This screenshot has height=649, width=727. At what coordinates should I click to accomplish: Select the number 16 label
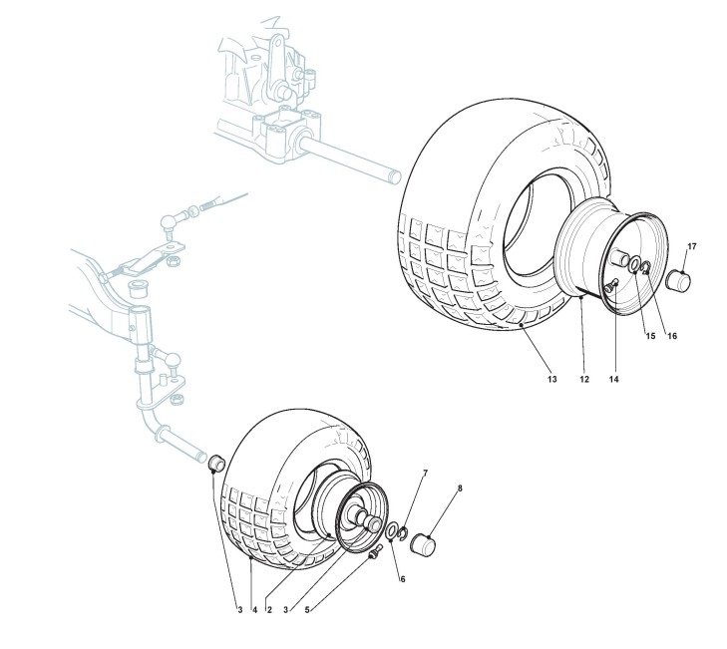click(672, 336)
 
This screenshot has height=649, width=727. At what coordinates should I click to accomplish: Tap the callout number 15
click(649, 336)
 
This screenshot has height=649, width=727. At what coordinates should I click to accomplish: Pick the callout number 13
click(551, 380)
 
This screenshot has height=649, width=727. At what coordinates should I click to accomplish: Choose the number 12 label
click(583, 380)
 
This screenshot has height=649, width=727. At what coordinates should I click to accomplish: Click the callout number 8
click(460, 488)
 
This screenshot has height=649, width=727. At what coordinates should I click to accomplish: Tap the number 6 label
click(403, 578)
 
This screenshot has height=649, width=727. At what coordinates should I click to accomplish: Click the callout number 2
click(270, 609)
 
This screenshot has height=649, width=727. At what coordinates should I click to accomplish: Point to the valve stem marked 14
click(614, 286)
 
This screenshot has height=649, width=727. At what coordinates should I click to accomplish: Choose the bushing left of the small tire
click(214, 462)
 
